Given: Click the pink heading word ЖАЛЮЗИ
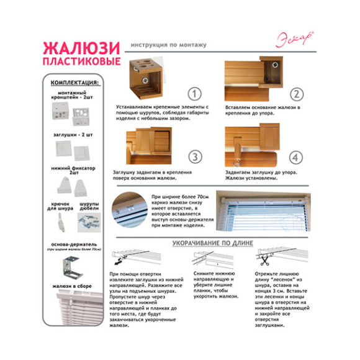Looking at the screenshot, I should pyautogui.click(x=81, y=48).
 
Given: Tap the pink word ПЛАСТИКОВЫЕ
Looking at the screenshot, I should pyautogui.click(x=81, y=63).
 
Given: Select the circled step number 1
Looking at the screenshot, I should pyautogui.click(x=196, y=94).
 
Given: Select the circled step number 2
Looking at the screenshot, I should pyautogui.click(x=297, y=94).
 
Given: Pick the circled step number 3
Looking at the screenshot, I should pyautogui.click(x=196, y=156).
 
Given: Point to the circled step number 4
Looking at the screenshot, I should pyautogui.click(x=297, y=156).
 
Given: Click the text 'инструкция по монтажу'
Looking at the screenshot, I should pyautogui.click(x=169, y=45).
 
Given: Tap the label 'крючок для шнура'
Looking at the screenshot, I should pyautogui.click(x=60, y=206).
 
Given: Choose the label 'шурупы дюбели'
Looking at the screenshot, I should pyautogui.click(x=89, y=206).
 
